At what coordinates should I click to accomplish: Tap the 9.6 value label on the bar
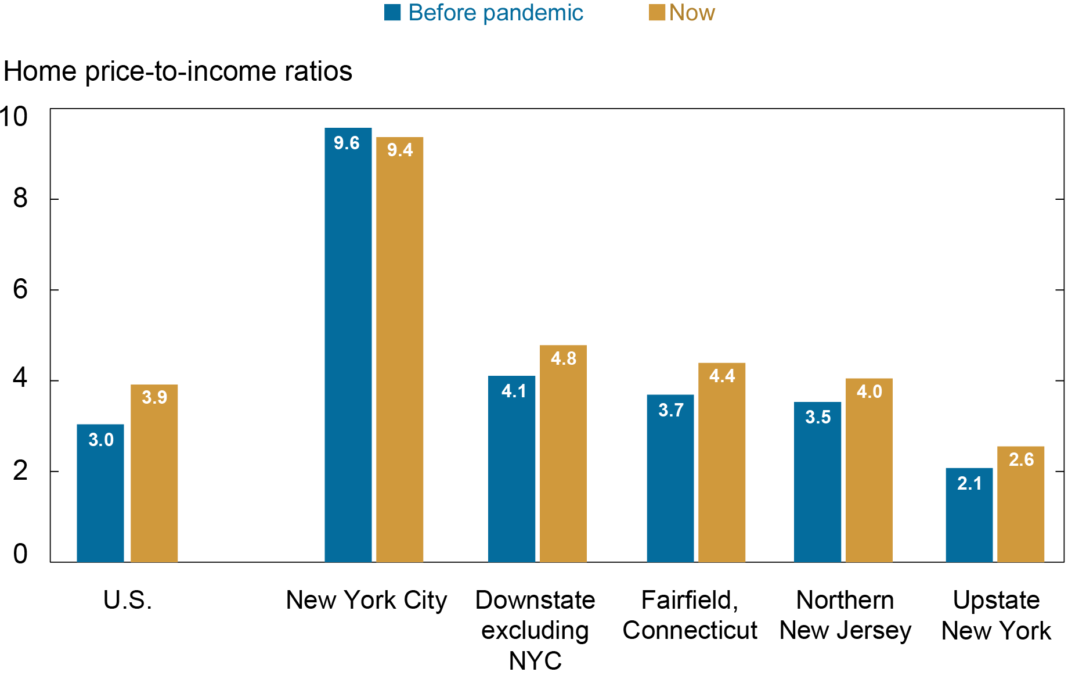(347, 143)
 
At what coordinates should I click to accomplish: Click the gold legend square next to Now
(656, 13)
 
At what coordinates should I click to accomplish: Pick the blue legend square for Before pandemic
(392, 13)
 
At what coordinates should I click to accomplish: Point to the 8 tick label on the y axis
(20, 199)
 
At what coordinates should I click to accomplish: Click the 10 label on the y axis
(14, 117)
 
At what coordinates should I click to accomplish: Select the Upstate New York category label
(996, 615)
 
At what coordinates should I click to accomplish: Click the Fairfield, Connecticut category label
(690, 615)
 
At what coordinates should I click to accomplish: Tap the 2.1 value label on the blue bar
(969, 483)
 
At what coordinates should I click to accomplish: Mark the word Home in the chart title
(40, 71)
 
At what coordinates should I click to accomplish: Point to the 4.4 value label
(721, 376)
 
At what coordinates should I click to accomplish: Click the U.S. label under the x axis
(128, 600)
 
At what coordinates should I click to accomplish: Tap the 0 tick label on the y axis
(20, 554)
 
